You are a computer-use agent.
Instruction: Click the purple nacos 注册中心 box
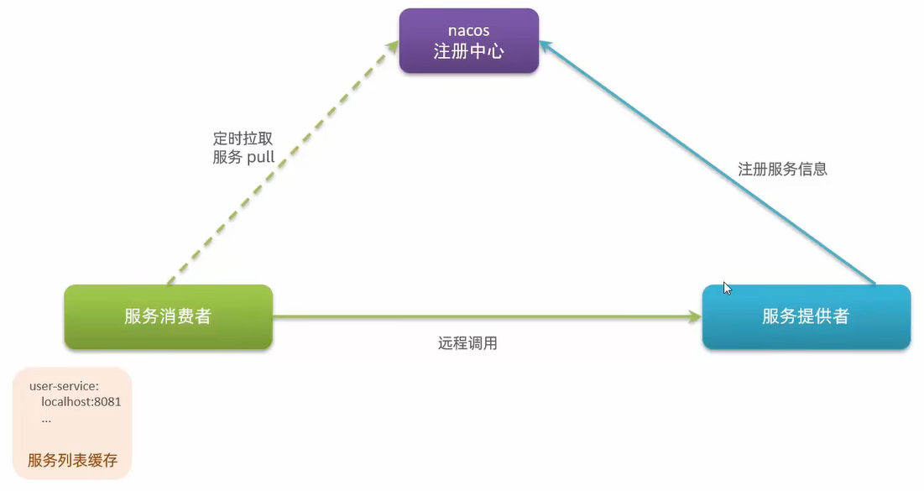(x=468, y=41)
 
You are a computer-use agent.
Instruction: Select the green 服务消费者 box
(x=168, y=316)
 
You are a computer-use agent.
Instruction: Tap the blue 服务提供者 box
(x=806, y=316)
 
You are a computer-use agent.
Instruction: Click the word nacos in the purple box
(x=468, y=31)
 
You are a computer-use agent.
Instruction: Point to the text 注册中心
(x=468, y=51)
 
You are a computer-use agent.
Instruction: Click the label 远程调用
(x=467, y=342)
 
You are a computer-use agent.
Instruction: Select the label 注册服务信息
(x=782, y=169)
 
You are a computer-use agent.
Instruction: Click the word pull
(x=260, y=157)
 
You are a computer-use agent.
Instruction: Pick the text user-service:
(x=64, y=386)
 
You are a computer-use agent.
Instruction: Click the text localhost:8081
(x=81, y=401)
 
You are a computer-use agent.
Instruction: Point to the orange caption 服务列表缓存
(x=73, y=461)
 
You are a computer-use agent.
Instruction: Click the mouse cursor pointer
(x=727, y=288)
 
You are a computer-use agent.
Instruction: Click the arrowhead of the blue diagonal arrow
(x=545, y=47)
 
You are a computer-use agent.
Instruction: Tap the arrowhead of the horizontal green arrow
(x=694, y=316)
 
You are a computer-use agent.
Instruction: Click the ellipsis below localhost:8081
(x=46, y=417)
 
